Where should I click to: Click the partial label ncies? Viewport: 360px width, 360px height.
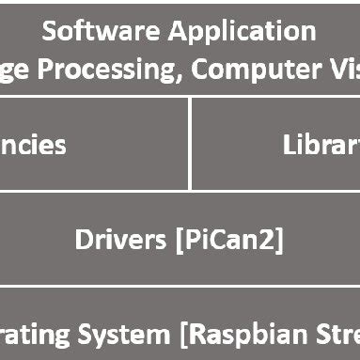pos(33,145)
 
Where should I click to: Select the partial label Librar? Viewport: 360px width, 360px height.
pos(321,145)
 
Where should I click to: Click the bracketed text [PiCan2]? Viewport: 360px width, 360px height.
pos(230,240)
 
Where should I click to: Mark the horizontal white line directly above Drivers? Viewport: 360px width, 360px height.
pos(180,192)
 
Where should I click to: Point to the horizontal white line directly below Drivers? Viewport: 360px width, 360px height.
pos(180,287)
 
